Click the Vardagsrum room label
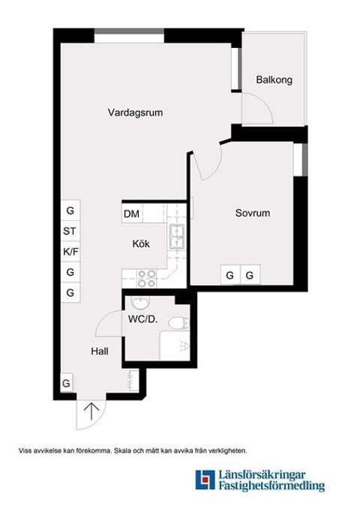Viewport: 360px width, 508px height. pyautogui.click(x=135, y=113)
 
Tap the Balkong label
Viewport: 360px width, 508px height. pyautogui.click(x=273, y=79)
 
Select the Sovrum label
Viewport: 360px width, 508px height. pyautogui.click(x=252, y=214)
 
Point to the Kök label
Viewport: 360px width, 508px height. pyautogui.click(x=141, y=244)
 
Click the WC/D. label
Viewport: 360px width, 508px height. pyautogui.click(x=142, y=320)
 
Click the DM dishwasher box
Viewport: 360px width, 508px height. pyautogui.click(x=132, y=215)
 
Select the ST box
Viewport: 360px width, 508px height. pyautogui.click(x=70, y=231)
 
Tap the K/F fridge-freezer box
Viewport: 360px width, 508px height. pyautogui.click(x=70, y=251)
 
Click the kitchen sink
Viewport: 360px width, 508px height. pyautogui.click(x=177, y=237)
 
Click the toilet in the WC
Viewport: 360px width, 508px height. pyautogui.click(x=177, y=323)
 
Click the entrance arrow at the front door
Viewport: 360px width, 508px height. pyautogui.click(x=91, y=411)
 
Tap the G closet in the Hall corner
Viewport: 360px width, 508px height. pyautogui.click(x=66, y=384)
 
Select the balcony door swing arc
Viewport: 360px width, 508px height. pyautogui.click(x=259, y=112)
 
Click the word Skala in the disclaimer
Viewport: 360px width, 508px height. pyautogui.click(x=124, y=450)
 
